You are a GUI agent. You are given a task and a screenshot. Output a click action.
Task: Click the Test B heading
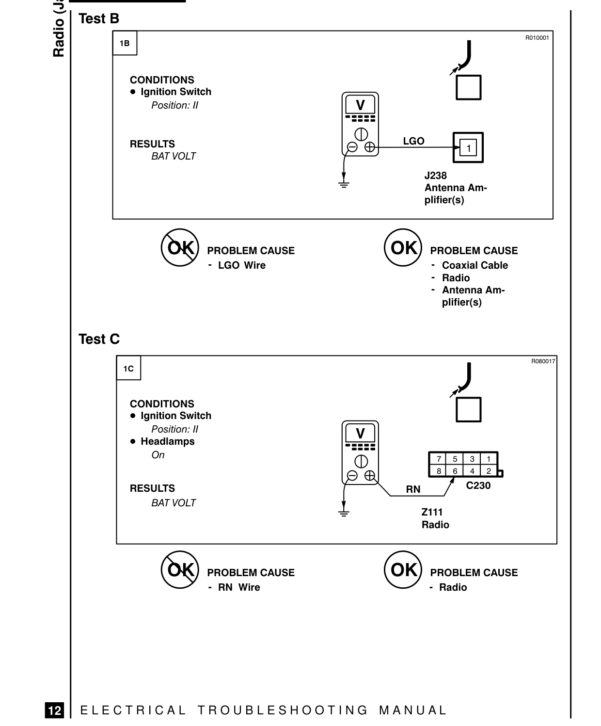99,18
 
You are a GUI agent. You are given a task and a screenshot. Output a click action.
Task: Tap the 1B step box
125,43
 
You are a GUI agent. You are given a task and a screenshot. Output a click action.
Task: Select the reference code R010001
537,38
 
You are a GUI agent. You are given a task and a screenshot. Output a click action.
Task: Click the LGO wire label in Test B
413,141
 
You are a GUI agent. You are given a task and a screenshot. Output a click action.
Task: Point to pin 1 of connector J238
468,148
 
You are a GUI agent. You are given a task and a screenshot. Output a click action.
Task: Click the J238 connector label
436,176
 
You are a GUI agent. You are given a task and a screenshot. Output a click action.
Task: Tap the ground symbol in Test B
344,185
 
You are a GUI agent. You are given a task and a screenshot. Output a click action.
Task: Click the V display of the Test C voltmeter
360,434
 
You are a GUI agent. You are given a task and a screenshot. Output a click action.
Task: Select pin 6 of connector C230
455,471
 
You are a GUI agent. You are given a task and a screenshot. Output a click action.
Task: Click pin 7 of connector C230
439,459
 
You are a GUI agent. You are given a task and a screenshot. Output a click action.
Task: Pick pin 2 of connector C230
489,471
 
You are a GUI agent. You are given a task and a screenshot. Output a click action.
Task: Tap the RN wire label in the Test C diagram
413,489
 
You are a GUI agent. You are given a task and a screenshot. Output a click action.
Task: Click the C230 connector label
478,485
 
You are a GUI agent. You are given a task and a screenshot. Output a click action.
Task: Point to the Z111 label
432,512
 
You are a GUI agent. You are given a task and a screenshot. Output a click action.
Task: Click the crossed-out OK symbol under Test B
180,247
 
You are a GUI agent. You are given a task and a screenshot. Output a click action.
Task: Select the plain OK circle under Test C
403,569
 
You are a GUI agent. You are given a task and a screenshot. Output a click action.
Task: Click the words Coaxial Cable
475,265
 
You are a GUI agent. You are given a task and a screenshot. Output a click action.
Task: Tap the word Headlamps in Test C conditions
168,441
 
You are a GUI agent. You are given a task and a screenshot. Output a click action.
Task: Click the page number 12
55,710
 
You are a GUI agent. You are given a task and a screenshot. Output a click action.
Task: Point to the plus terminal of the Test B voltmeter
370,147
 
